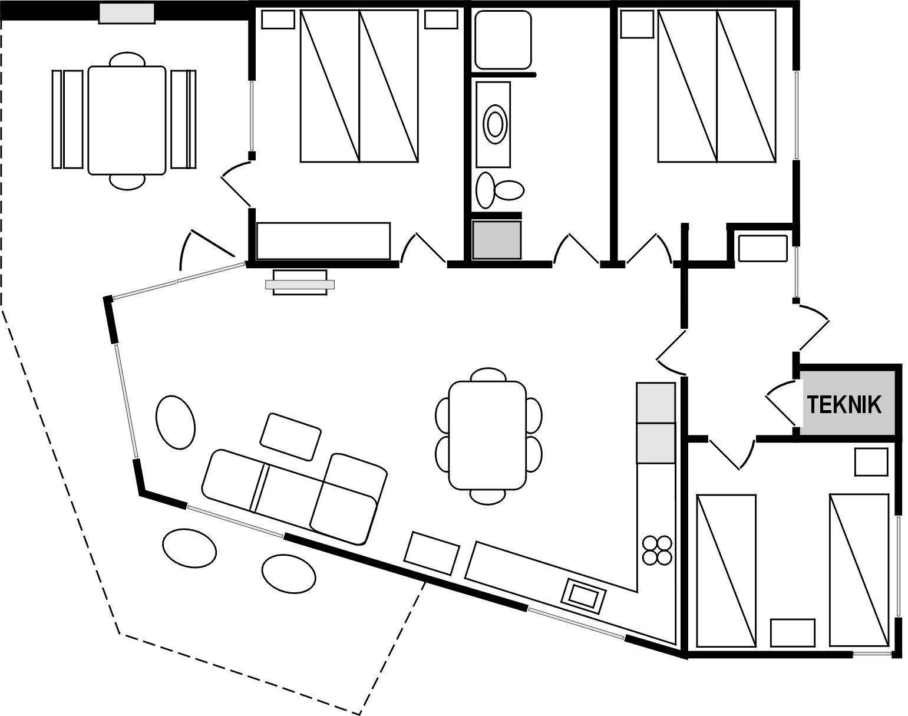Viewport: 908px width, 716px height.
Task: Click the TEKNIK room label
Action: [x=844, y=405]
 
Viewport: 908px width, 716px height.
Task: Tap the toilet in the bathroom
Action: [x=500, y=190]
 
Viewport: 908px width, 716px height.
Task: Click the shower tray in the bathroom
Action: [x=503, y=39]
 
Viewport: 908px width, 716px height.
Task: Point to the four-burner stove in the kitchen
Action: [x=657, y=550]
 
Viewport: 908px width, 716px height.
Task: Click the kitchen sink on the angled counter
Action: [x=584, y=596]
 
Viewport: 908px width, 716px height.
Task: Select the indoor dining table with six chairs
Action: [x=488, y=435]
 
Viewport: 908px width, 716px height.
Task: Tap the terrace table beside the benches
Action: [x=127, y=120]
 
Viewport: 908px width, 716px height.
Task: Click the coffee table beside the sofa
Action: [x=290, y=437]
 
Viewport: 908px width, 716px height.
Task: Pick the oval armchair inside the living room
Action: [x=176, y=422]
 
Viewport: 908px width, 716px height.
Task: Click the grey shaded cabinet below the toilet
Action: [x=496, y=240]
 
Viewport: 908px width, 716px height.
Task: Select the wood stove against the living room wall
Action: [x=300, y=282]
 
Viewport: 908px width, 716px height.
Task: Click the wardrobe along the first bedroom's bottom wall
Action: [x=323, y=240]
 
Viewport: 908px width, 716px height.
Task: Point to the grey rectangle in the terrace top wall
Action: [x=127, y=14]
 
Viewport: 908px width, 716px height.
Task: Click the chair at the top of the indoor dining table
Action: [x=488, y=375]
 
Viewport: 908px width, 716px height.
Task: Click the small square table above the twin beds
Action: [x=871, y=463]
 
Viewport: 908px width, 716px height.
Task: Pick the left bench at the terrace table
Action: [x=68, y=120]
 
